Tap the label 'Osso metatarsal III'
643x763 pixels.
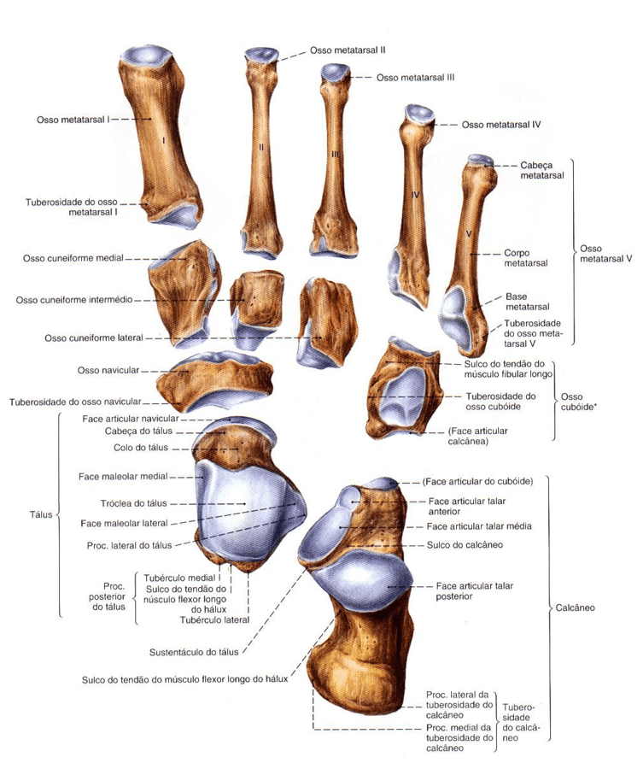[x=414, y=77]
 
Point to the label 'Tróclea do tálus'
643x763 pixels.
[x=137, y=503]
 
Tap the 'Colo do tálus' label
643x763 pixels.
[x=140, y=448]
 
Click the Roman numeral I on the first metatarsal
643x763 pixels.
[x=163, y=138]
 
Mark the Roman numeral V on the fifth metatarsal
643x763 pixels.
[x=469, y=232]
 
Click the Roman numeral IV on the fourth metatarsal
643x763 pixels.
[x=415, y=196]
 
